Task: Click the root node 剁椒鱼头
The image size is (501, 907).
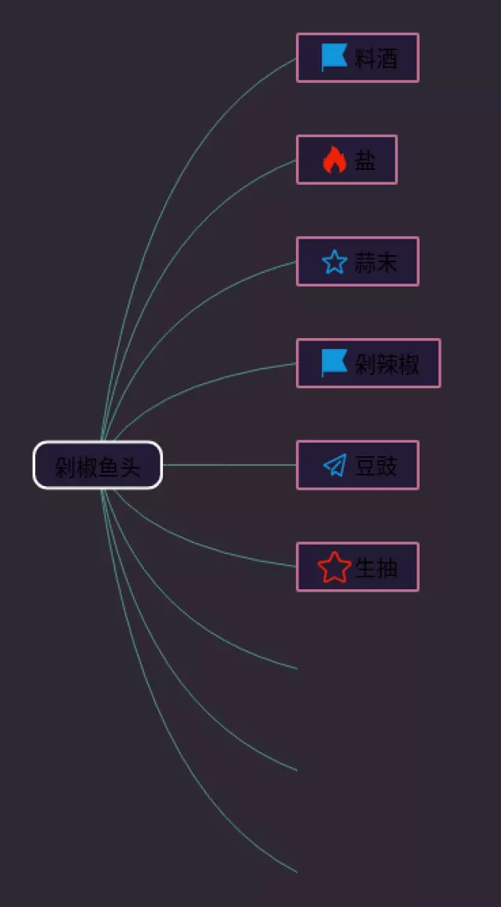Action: tap(97, 466)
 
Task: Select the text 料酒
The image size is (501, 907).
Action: tap(377, 58)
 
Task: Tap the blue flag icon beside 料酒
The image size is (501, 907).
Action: tap(334, 57)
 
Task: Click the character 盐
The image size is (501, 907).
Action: tap(366, 160)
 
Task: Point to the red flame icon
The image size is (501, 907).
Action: tap(334, 160)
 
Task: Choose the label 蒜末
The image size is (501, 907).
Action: tap(377, 262)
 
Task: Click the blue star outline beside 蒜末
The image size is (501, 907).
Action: tap(334, 262)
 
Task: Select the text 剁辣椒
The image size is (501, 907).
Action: tap(387, 364)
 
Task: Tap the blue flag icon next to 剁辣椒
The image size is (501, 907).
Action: tap(334, 363)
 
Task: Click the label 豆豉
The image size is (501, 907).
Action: tap(377, 466)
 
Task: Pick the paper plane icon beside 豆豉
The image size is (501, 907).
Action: tap(334, 466)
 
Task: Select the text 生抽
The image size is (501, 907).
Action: tap(377, 567)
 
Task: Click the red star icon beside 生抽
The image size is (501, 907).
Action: tap(334, 567)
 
